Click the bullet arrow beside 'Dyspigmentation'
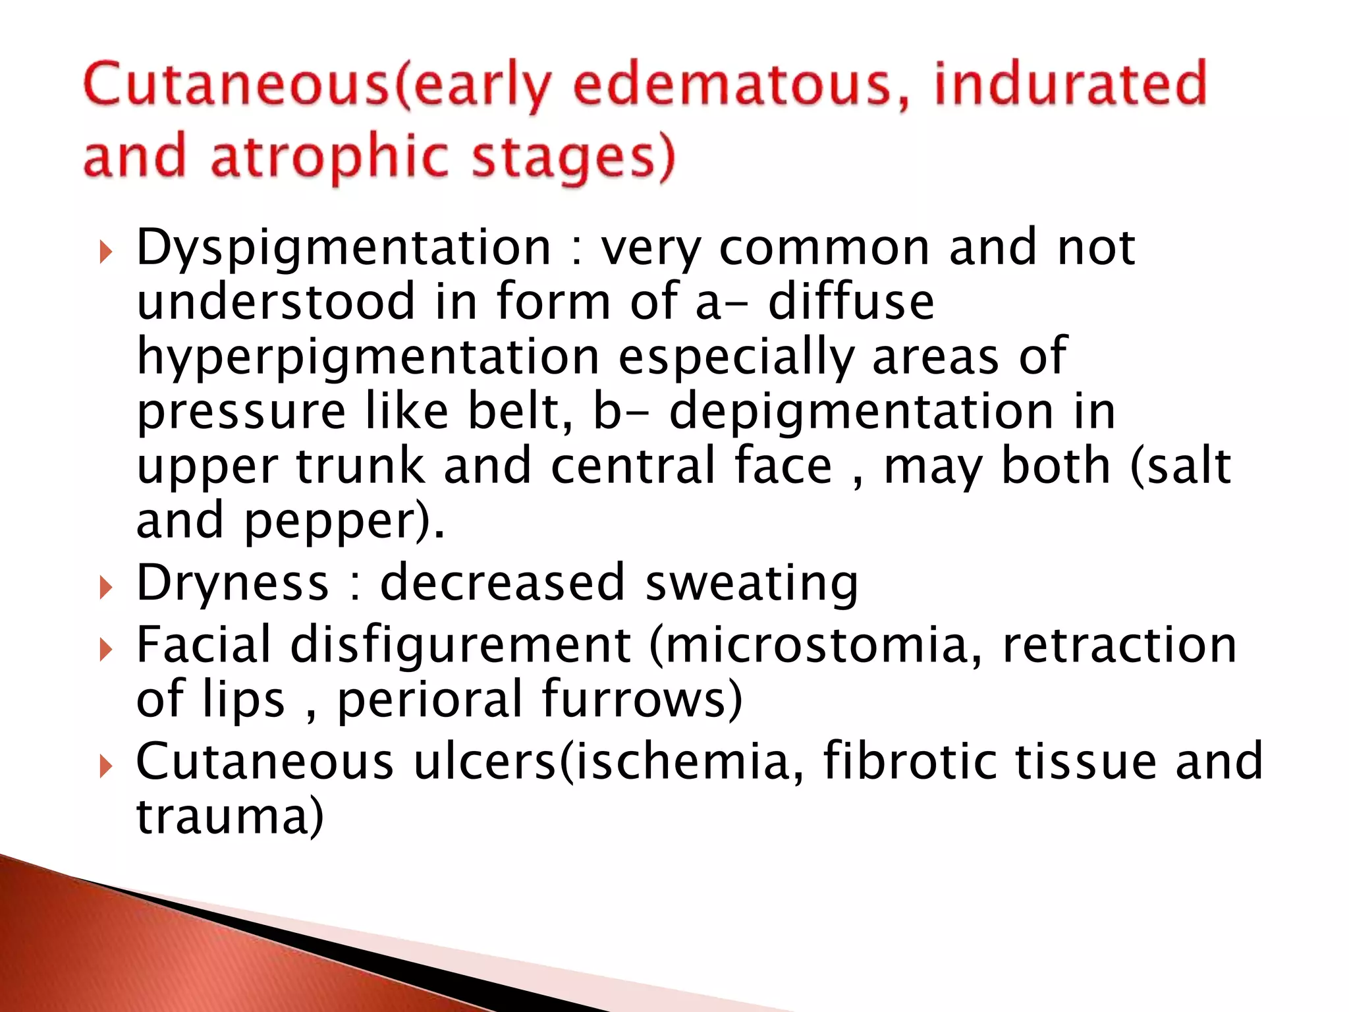[105, 252]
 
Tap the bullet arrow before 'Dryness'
[105, 586]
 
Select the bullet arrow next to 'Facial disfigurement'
[105, 650]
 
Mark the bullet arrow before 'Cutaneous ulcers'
[105, 766]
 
